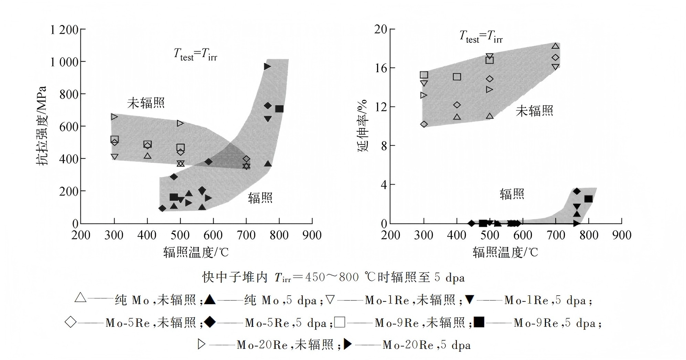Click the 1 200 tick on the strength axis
coord(64,30)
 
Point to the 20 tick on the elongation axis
coord(380,29)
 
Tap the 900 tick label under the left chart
coord(312,235)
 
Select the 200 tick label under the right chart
coord(391,235)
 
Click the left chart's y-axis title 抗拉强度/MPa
coord(42,126)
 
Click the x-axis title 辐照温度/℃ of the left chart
coord(196,252)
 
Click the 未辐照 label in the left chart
coord(146,103)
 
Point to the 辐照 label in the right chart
coord(512,194)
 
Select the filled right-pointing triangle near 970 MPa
coord(267,66)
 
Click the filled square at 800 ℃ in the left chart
coord(279,109)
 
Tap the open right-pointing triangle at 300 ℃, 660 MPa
coord(115,117)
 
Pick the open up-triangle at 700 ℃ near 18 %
coord(555,46)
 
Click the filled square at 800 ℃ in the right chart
coord(589,199)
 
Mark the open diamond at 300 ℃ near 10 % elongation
coord(424,124)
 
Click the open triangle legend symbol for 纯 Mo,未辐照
coord(81,298)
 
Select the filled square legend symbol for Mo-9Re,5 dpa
coord(479,322)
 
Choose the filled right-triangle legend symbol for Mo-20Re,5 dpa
coord(347,344)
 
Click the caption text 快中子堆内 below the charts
coord(235,277)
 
